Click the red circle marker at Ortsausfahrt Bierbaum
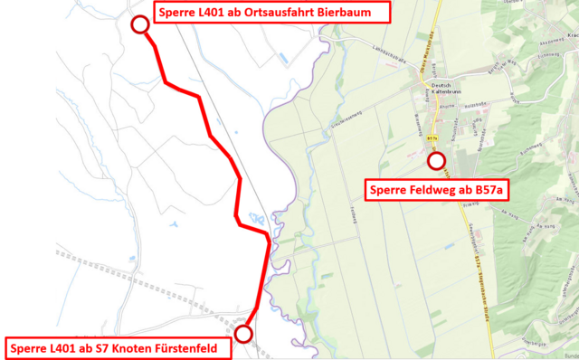(x=140, y=24)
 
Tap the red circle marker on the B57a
(x=437, y=161)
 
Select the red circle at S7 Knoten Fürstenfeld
(x=242, y=335)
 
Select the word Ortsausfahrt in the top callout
(x=271, y=14)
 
